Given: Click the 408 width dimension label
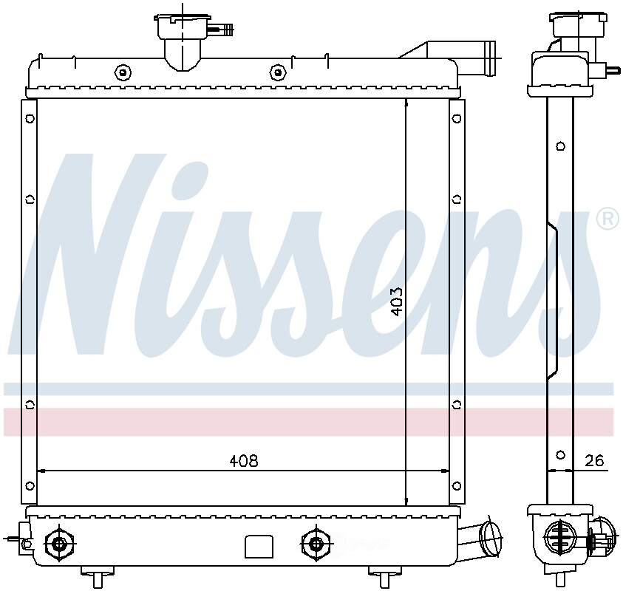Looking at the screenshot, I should point(243,461).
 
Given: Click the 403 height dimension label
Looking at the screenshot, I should point(396,301).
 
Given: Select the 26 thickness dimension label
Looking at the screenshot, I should point(594,461).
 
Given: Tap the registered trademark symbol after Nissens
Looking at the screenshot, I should point(607,219).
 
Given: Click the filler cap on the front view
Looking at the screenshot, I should point(180,30).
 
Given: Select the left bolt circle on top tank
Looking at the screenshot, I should point(121,72).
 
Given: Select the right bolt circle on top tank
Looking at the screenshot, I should point(277,72).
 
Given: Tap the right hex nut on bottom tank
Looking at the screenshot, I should point(316,544).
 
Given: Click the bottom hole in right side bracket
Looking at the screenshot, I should point(456,485).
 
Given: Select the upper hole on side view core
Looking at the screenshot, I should point(560,145).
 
